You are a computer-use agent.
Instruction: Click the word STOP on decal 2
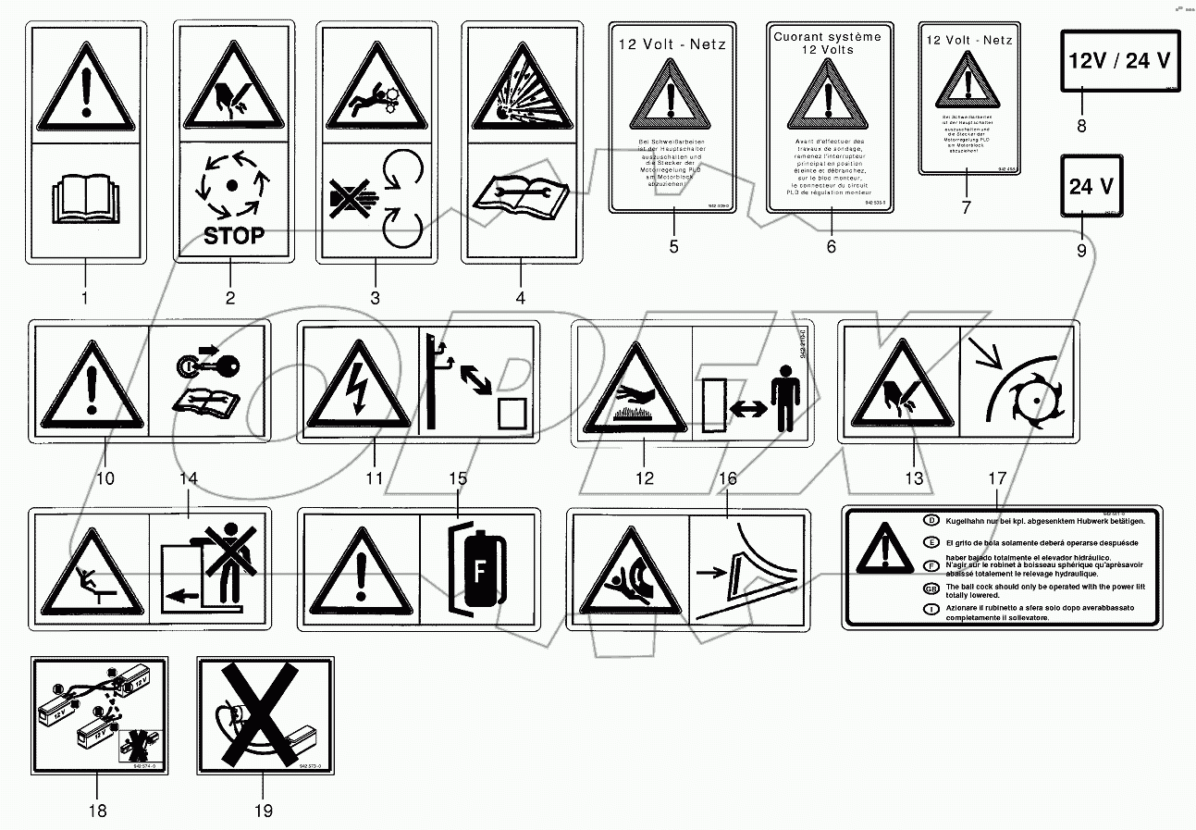[x=233, y=235]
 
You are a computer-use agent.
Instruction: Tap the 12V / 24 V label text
[x=1119, y=61]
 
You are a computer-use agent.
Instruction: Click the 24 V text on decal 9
[x=1092, y=187]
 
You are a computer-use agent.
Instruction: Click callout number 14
[x=189, y=478]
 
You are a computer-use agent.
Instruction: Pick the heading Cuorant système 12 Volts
[x=830, y=42]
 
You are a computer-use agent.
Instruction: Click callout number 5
[x=673, y=246]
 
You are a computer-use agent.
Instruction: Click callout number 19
[x=264, y=811]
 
